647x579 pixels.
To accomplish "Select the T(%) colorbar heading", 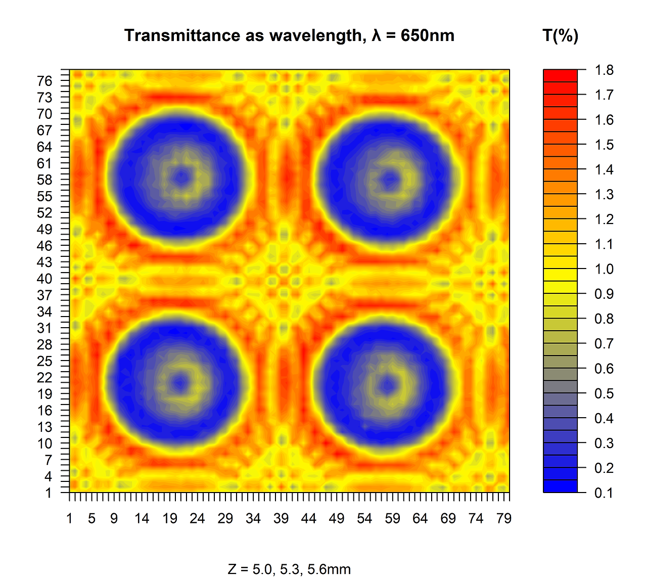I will tap(560, 36).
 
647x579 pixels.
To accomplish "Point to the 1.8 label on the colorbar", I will tap(604, 70).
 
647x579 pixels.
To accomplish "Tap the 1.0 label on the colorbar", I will tap(604, 269).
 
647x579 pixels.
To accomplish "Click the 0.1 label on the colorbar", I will tap(604, 493).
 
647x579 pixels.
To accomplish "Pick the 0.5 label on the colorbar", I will tap(604, 393).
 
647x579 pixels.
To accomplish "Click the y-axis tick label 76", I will tap(44, 81).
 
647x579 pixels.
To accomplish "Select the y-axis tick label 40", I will tap(44, 279).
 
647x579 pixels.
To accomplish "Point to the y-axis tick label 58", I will tap(44, 180).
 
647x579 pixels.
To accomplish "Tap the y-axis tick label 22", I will tap(44, 378).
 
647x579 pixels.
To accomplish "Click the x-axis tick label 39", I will tap(281, 519).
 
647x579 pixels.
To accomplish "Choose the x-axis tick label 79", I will tap(504, 519).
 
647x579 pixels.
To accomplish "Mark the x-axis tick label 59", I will tap(392, 519).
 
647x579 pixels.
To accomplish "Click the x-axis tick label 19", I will tap(170, 519).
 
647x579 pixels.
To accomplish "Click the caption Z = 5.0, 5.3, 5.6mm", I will tap(289, 569).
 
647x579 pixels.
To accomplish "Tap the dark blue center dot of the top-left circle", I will tap(181, 177).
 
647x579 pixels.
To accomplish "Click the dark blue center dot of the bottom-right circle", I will tap(388, 386).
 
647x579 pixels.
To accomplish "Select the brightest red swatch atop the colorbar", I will tap(560, 75).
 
